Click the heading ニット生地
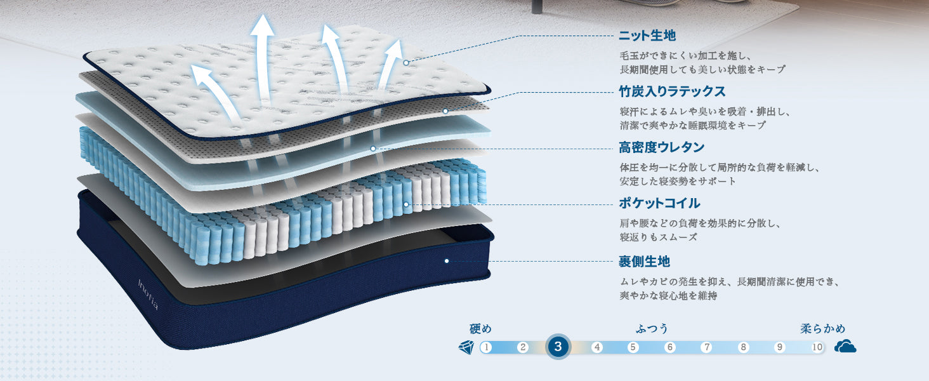tap(647, 36)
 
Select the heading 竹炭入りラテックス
tap(672, 91)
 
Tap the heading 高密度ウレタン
tap(661, 147)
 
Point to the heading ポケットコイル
tap(659, 203)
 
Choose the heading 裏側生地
tap(644, 262)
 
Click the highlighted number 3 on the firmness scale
tap(558, 347)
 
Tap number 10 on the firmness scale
tap(817, 347)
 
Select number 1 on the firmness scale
tap(485, 347)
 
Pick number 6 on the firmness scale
tap(669, 347)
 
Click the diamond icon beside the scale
tap(466, 347)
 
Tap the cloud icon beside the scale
tap(845, 346)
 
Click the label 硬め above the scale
tap(480, 329)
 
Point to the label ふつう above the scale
tap(652, 329)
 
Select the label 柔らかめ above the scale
tap(823, 329)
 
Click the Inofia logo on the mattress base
tap(148, 295)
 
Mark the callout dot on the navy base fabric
tap(447, 261)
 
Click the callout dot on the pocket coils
tap(406, 204)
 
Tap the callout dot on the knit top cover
tap(406, 63)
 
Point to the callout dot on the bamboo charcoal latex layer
tap(445, 111)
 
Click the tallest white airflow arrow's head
tap(262, 26)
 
